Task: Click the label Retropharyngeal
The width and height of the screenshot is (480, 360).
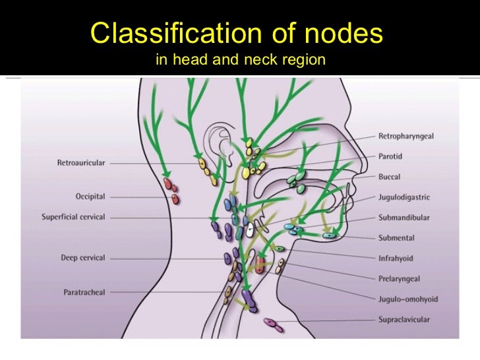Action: (405, 136)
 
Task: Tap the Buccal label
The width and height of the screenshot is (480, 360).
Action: (389, 177)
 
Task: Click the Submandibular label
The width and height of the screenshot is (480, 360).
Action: (404, 218)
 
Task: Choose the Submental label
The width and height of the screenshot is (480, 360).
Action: (396, 238)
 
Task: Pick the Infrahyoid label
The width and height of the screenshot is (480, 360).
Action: (396, 258)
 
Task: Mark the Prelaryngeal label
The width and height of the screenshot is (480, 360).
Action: (400, 279)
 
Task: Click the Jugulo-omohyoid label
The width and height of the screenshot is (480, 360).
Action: (407, 299)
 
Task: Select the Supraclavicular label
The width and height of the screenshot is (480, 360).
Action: (404, 320)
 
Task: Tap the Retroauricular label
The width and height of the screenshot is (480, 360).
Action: (81, 162)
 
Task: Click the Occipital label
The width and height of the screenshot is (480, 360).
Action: (90, 196)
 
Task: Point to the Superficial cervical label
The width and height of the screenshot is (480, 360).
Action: (73, 217)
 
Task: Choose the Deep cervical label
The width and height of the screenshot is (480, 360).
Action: (83, 258)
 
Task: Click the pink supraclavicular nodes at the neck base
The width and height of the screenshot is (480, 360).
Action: (274, 324)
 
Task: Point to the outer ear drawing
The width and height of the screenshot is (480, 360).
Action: (218, 145)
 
